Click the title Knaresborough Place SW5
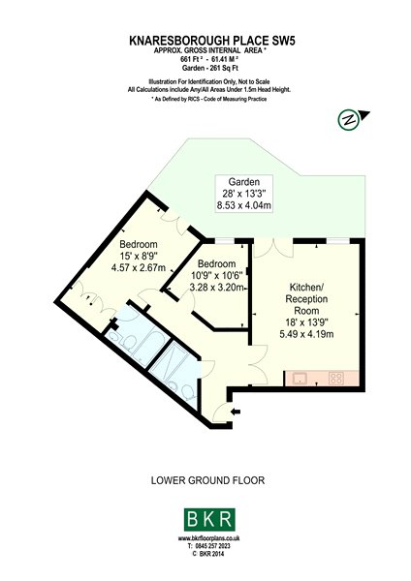point(212,41)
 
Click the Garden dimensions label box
point(244,194)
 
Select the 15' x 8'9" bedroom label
point(139,256)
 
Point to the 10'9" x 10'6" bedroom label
point(216,275)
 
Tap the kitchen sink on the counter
point(300,379)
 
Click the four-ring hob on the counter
point(336,379)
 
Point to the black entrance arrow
point(236,412)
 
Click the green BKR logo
point(209,520)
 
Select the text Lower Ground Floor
point(207,480)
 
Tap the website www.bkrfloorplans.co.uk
point(208,538)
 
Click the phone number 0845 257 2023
point(208,546)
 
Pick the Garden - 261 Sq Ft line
point(210,68)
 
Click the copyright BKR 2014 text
point(208,554)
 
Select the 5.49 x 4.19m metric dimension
point(306,334)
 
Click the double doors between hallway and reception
point(259,364)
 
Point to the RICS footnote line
point(209,99)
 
